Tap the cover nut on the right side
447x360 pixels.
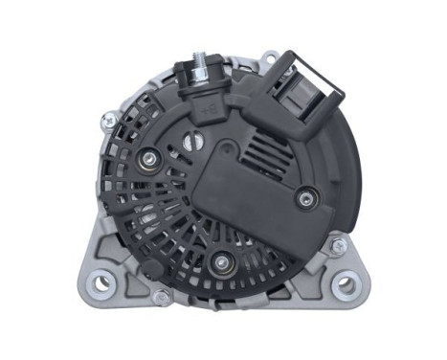click(x=304, y=197)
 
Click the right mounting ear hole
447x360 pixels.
click(x=346, y=285)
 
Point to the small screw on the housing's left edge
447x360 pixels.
click(x=111, y=122)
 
